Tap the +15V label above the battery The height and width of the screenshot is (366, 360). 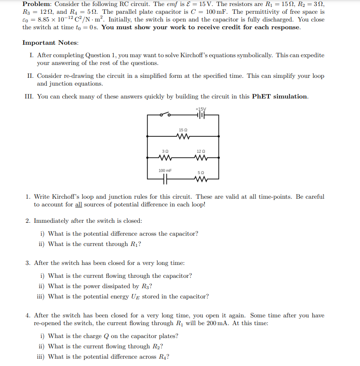point(200,110)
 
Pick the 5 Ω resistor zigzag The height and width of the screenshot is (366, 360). point(201,178)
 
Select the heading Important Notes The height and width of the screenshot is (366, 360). point(50,43)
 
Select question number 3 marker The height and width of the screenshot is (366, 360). point(28,263)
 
